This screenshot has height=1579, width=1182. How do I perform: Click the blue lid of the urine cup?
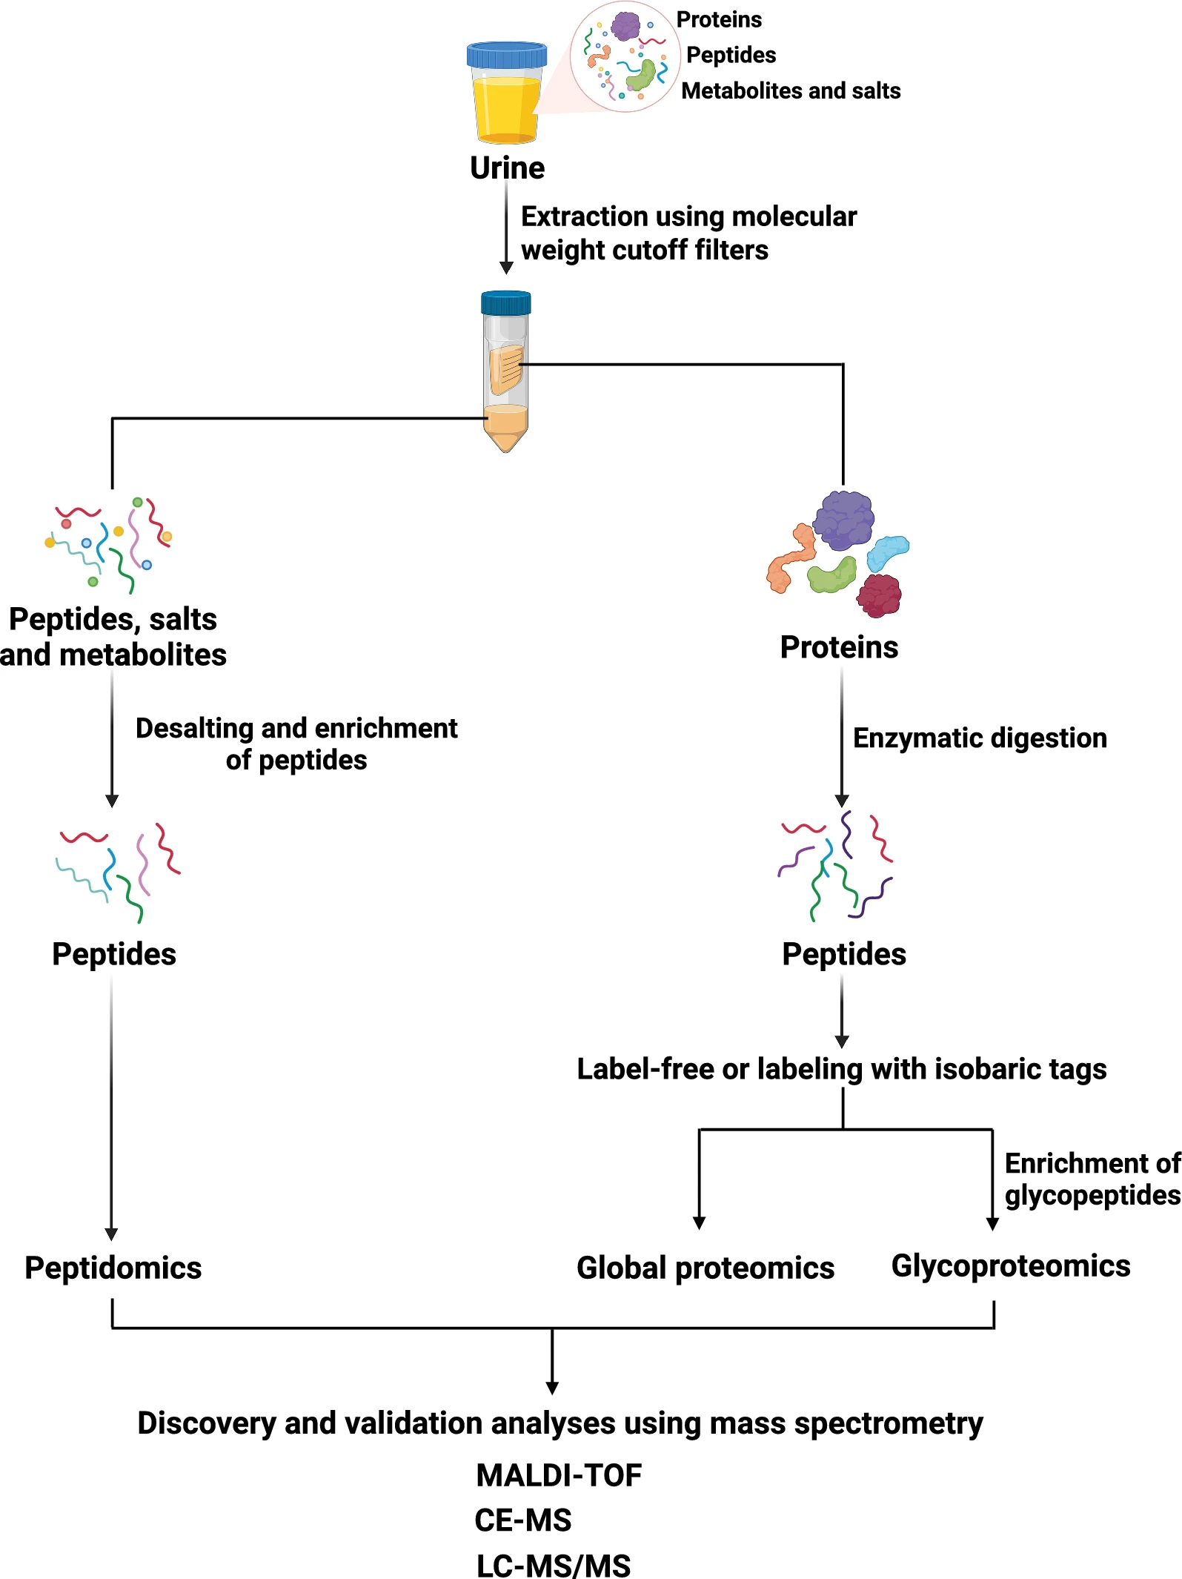tap(506, 55)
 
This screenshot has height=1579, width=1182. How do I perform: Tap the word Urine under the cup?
tap(507, 168)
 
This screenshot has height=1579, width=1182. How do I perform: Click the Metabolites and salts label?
tap(791, 90)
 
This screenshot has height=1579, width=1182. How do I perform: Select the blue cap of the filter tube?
tap(505, 302)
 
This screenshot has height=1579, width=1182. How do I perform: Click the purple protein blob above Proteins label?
tap(844, 519)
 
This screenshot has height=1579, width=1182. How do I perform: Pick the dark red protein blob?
tap(880, 595)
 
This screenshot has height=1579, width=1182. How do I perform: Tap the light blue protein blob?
tap(887, 552)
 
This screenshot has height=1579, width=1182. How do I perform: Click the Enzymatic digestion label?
tap(980, 738)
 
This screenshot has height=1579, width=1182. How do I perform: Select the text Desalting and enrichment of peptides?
tap(296, 744)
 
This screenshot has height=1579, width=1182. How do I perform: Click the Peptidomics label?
tap(113, 1268)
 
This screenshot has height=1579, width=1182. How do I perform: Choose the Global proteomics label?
tap(705, 1268)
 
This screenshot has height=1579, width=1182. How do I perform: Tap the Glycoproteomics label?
tap(1010, 1266)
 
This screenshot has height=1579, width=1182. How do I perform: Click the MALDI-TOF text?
tap(559, 1475)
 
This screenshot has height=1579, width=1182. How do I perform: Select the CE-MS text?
tap(522, 1520)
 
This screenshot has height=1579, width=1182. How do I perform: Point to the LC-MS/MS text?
tap(553, 1566)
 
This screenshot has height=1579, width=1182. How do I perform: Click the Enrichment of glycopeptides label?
tap(1092, 1179)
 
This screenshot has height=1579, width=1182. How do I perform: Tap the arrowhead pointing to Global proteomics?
tap(699, 1222)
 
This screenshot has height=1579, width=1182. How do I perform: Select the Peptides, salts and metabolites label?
tap(113, 637)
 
